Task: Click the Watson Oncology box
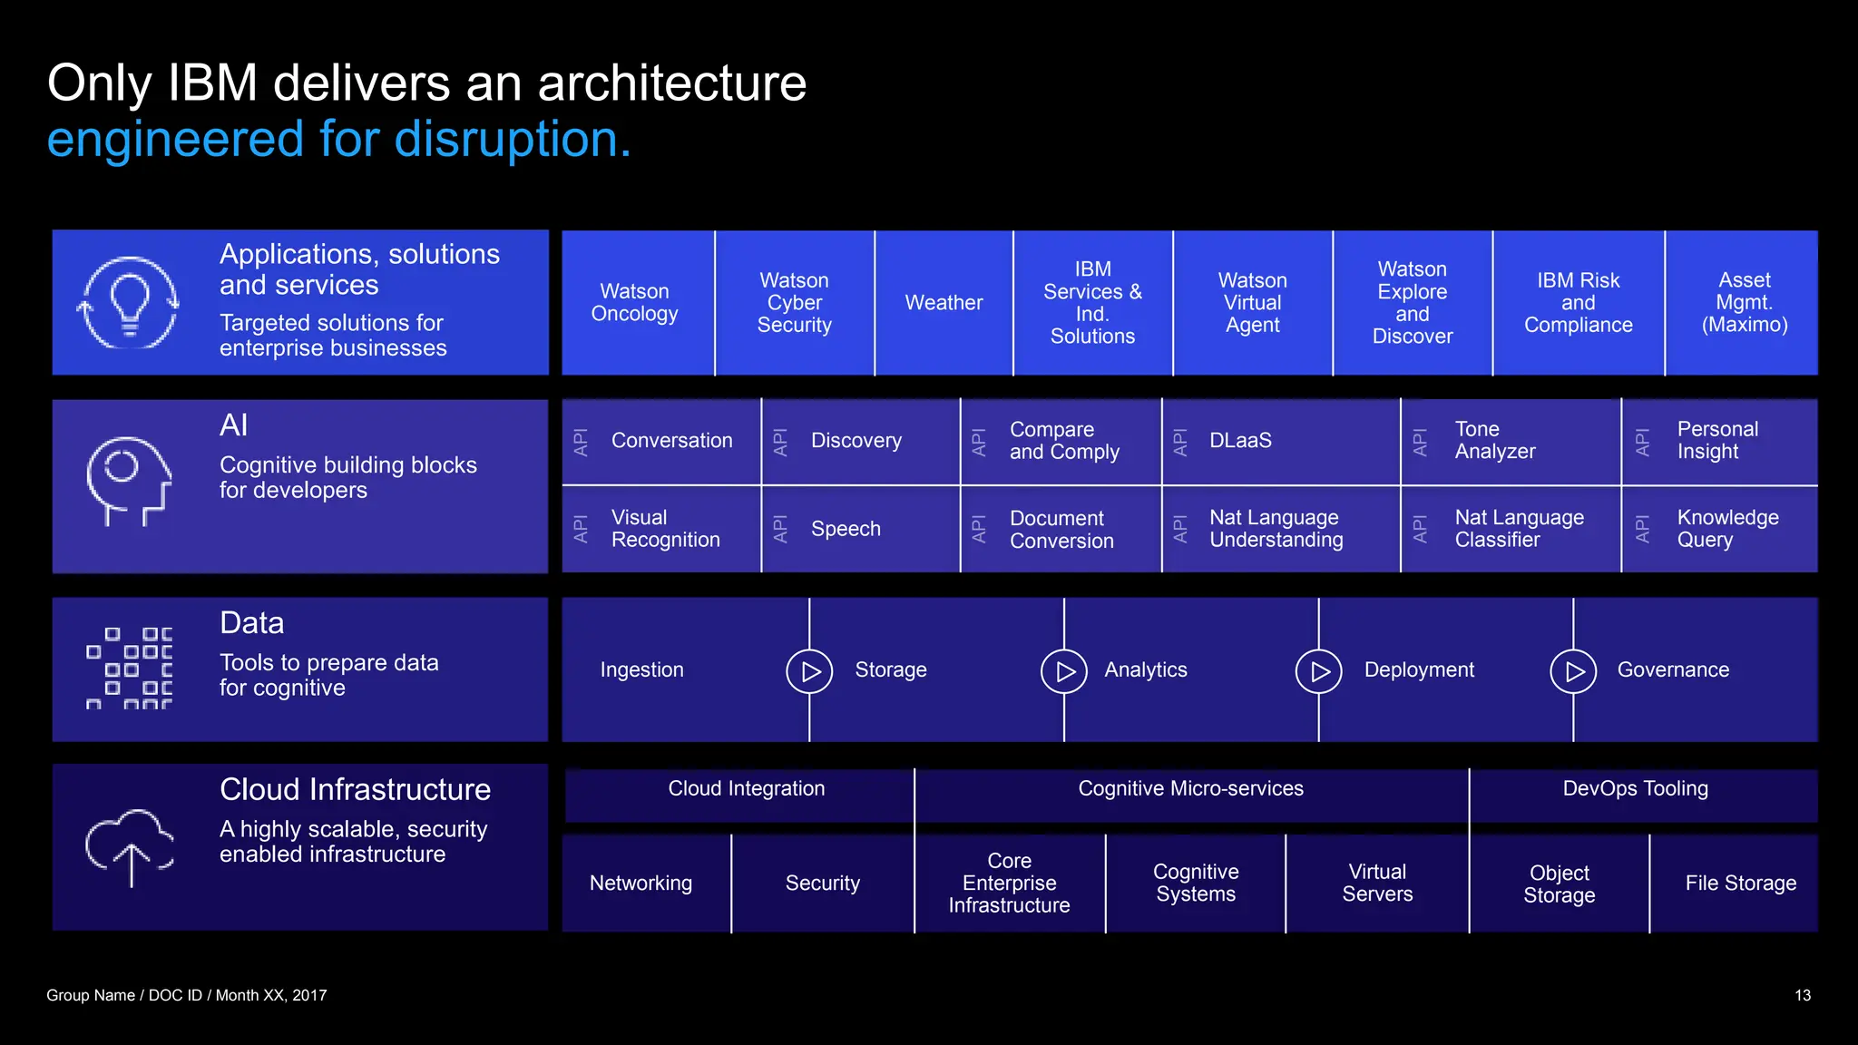coord(635,302)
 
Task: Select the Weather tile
coord(944,302)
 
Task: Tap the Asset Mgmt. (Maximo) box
coord(1744,302)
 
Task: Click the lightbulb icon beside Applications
coord(129,303)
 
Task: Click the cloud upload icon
coord(130,846)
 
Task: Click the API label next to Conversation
coord(582,442)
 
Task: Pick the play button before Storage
coord(809,671)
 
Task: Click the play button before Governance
coord(1573,671)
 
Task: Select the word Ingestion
coord(641,670)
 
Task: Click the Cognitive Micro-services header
coord(1190,789)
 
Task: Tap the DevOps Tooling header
coord(1635,789)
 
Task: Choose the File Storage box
coord(1740,884)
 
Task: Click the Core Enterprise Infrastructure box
coord(1009,884)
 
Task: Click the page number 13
coord(1802,996)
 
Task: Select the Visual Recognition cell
coord(665,529)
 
